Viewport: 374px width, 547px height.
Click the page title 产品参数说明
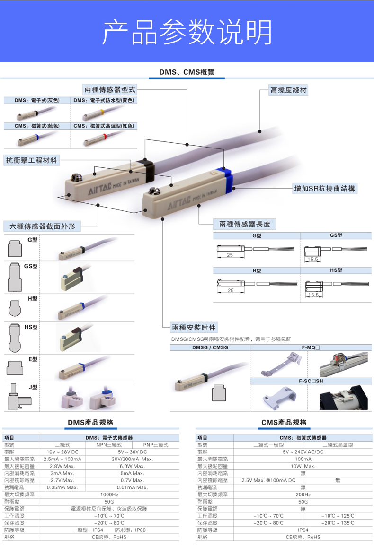[x=187, y=32]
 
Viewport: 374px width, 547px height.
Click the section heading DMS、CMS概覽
[x=187, y=72]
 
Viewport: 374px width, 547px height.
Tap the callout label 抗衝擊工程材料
[x=32, y=160]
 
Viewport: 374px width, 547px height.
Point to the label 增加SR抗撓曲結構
[x=324, y=189]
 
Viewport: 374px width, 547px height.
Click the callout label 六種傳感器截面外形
[x=42, y=226]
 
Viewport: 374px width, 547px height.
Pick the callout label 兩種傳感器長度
[x=244, y=224]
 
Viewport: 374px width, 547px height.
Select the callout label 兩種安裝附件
[x=194, y=327]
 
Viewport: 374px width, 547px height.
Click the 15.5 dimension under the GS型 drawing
[x=312, y=260]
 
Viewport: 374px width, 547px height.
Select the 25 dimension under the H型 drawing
[x=230, y=290]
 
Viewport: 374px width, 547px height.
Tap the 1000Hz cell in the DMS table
[x=109, y=495]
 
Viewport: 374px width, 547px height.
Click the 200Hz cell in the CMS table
[x=303, y=495]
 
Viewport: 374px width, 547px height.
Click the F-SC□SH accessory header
[x=311, y=381]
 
